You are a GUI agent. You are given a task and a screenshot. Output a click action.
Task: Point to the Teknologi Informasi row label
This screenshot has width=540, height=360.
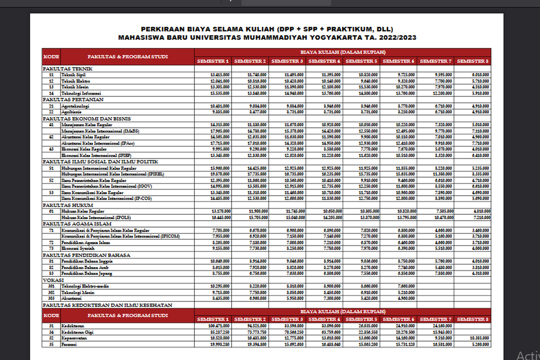click(79, 93)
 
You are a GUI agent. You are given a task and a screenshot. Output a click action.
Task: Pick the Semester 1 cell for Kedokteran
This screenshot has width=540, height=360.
click(220, 325)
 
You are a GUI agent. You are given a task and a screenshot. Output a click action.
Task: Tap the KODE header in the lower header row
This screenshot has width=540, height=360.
click(51, 315)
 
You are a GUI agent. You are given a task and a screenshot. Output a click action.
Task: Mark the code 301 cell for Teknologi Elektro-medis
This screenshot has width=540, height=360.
click(51, 286)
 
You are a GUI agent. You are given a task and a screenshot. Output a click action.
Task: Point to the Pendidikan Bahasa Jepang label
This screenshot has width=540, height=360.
click(87, 273)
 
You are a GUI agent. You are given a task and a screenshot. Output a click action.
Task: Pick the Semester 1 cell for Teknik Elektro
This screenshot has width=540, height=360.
click(220, 81)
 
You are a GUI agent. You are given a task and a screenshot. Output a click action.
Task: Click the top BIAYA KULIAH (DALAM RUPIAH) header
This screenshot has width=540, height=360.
click(343, 52)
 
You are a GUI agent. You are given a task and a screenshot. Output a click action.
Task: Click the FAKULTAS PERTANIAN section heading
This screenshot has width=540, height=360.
click(73, 99)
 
